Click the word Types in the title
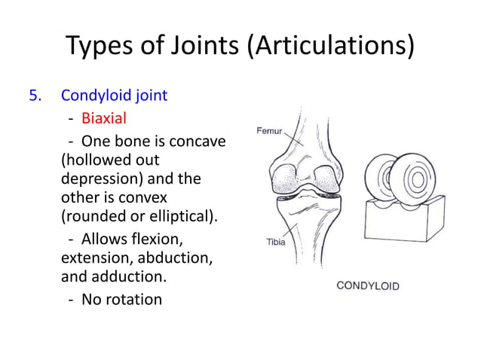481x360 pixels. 97,47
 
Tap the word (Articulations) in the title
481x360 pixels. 330,47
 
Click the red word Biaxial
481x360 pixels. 104,118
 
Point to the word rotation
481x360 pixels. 133,299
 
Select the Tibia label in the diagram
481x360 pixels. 275,242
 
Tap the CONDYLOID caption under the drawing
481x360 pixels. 367,285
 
